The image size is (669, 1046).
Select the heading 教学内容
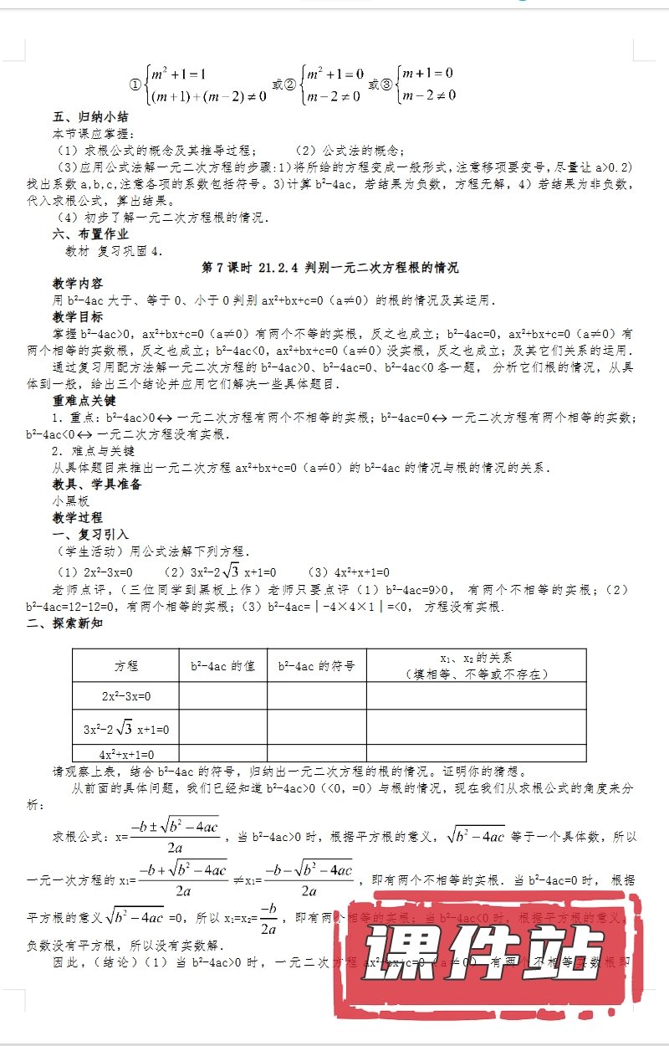tap(77, 284)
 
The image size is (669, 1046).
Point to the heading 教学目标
tap(77, 317)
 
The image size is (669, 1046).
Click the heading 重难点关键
tap(84, 401)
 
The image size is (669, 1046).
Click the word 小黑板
tap(70, 501)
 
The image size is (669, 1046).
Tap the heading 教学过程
tap(77, 518)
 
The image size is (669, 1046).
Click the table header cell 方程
tap(126, 666)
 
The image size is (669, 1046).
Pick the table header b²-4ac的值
tap(222, 666)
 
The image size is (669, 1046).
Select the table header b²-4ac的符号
tap(316, 666)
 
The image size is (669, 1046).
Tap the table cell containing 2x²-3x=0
tap(126, 695)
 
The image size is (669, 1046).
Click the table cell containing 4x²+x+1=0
tap(126, 754)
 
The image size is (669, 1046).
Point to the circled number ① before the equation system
tap(135, 85)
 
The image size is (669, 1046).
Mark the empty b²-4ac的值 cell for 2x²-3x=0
tap(222, 695)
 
